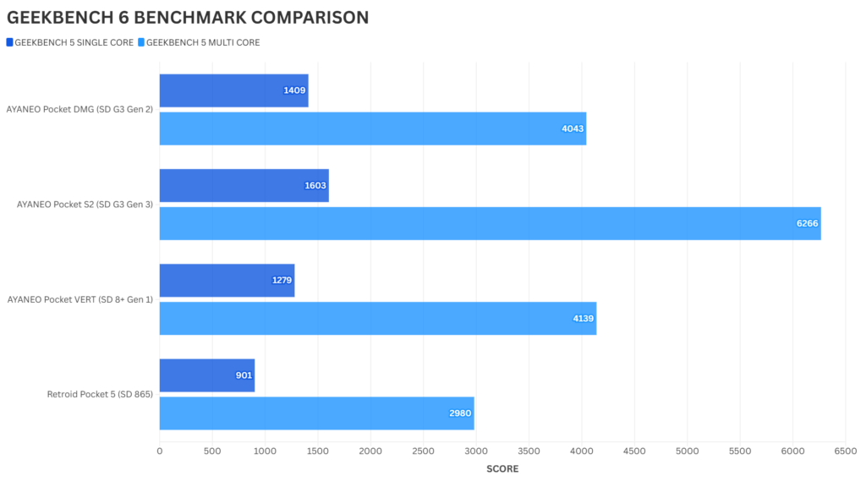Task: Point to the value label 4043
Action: [573, 129]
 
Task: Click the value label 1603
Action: [315, 185]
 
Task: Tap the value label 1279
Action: [282, 280]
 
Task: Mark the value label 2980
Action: [460, 413]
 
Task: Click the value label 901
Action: [244, 375]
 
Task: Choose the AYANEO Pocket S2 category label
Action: [85, 205]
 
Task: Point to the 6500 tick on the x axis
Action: [845, 451]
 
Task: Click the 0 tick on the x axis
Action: [160, 451]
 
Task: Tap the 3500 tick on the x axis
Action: [529, 451]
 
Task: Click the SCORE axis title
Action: [502, 468]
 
